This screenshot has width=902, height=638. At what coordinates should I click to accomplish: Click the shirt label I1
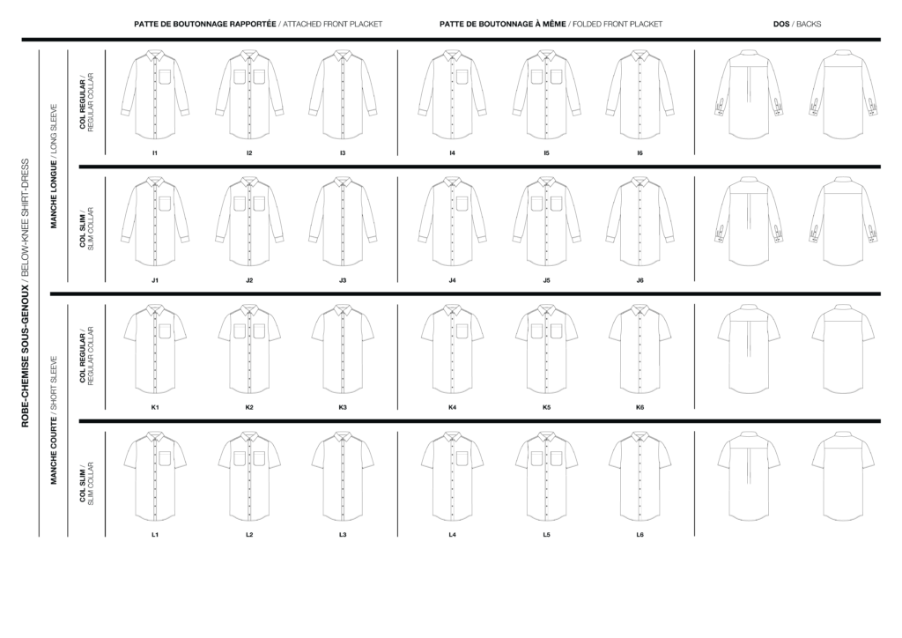155,153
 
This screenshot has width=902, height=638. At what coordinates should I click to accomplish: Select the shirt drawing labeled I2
249,94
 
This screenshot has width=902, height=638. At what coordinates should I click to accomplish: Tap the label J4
452,280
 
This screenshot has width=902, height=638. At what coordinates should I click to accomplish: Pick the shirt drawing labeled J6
640,221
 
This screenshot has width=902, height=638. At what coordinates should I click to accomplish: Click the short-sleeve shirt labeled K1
155,348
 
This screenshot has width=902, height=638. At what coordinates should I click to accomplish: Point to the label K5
547,407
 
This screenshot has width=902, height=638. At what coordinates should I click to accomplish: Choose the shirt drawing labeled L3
344,476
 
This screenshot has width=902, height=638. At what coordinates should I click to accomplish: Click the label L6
640,535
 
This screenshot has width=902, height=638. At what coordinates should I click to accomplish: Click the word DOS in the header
781,24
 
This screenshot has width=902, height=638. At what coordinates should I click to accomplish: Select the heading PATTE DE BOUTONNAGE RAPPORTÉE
204,24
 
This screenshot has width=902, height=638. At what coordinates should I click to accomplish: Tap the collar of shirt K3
344,311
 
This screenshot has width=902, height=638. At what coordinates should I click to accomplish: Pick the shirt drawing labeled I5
547,94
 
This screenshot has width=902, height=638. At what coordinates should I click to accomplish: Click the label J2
249,280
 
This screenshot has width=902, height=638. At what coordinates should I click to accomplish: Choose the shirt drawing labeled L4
452,476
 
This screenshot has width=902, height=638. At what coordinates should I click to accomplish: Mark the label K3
344,407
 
